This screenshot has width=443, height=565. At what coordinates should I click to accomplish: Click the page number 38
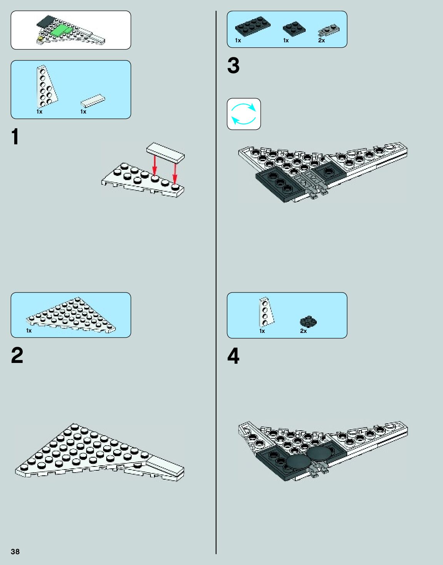(x=15, y=552)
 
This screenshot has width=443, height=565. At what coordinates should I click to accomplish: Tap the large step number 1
(x=15, y=137)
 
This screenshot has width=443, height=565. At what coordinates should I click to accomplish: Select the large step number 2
(x=17, y=355)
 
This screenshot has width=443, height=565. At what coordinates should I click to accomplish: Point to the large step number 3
(x=233, y=65)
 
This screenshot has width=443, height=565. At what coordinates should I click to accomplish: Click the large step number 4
(x=233, y=356)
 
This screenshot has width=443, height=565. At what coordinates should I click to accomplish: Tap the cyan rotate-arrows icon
(x=244, y=114)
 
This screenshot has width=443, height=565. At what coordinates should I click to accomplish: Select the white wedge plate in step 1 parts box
(x=47, y=87)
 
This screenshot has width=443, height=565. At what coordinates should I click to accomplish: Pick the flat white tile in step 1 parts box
(x=93, y=100)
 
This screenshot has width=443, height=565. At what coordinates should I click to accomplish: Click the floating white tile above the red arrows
(x=165, y=151)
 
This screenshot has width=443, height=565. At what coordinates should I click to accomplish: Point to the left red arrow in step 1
(x=154, y=165)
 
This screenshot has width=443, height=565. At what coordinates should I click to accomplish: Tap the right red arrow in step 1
(x=175, y=173)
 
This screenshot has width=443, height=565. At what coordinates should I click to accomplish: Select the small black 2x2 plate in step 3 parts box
(x=294, y=28)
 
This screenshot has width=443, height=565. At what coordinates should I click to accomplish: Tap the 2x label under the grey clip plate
(x=321, y=40)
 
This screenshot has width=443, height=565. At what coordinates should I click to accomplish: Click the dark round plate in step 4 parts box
(x=308, y=322)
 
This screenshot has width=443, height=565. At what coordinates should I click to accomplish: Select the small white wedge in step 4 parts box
(x=266, y=312)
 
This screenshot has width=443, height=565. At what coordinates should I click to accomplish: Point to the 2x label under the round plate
(x=303, y=331)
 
